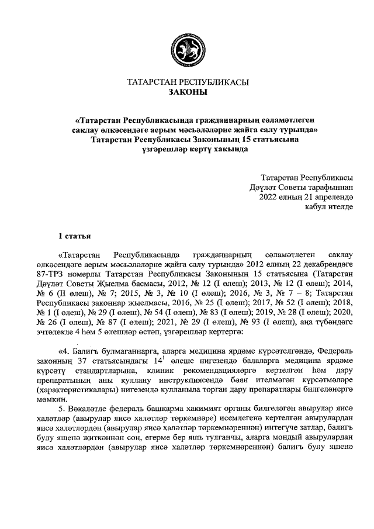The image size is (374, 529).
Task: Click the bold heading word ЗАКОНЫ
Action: (187, 92)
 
